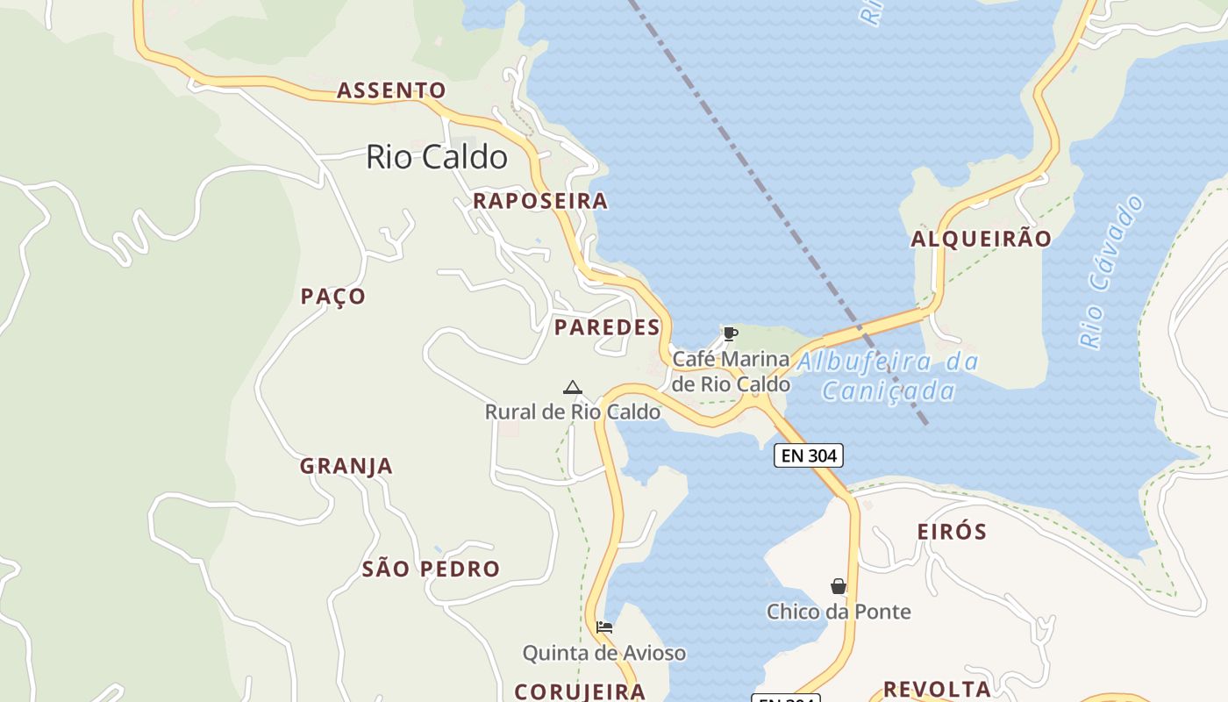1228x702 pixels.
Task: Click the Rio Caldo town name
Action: [436, 157]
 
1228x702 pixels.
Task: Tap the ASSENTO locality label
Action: [391, 90]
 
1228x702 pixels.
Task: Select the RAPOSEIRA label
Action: [540, 201]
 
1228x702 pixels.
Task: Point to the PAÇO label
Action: [333, 297]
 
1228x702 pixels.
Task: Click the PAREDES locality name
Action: [607, 327]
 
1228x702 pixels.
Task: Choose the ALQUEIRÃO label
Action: [981, 239]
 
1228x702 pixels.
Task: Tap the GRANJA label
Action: [346, 466]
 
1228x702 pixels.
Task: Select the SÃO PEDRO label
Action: [431, 569]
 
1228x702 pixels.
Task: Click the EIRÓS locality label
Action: [952, 532]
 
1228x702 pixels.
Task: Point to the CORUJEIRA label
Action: [580, 691]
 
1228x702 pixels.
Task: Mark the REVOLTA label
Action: [937, 688]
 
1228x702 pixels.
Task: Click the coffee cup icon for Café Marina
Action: [730, 333]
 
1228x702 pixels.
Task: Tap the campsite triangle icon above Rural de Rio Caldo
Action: [573, 387]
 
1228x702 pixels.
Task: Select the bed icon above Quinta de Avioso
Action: [604, 627]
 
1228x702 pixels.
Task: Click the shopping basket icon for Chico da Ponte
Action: [839, 586]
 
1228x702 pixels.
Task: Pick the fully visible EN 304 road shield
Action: [809, 455]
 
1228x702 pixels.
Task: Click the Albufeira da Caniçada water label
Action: [888, 376]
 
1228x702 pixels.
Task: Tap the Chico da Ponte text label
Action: [839, 612]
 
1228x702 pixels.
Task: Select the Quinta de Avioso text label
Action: [604, 653]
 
